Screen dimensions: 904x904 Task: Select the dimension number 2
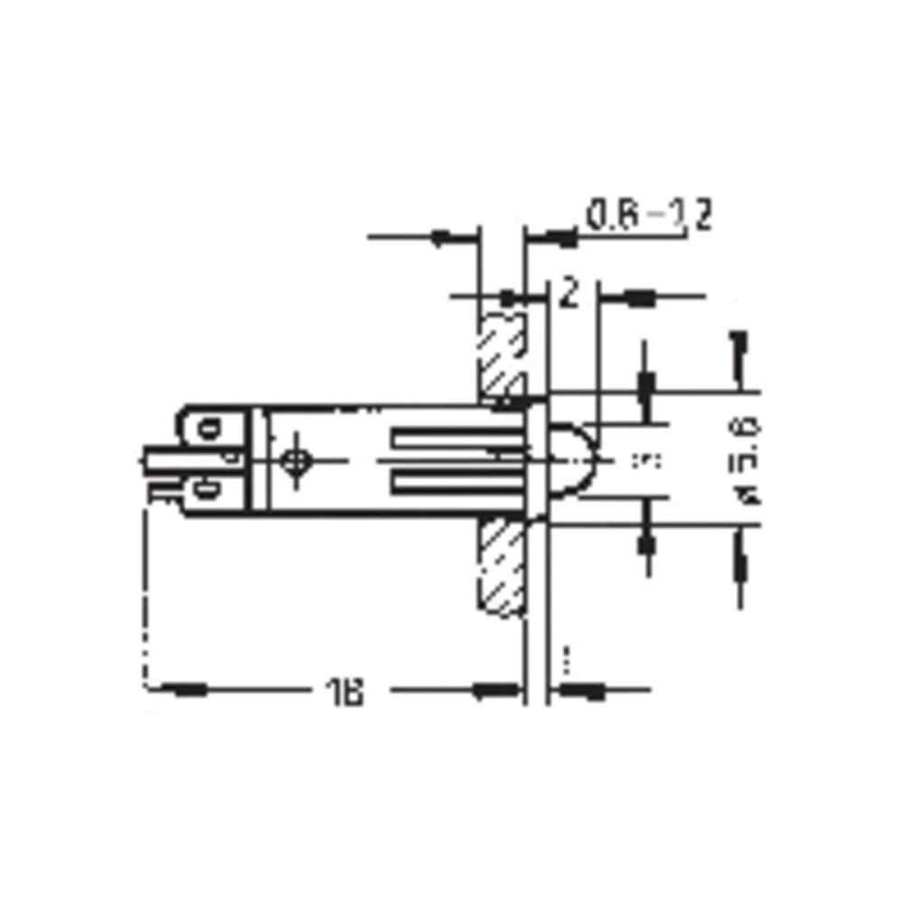pyautogui.click(x=569, y=294)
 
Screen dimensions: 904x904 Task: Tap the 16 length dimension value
pyautogui.click(x=344, y=692)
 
